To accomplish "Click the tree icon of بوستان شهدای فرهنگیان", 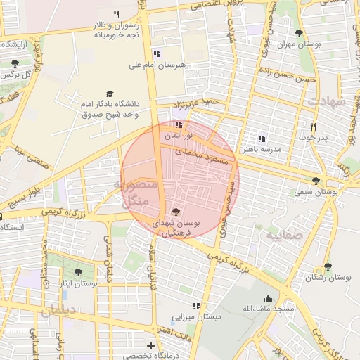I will [175, 211].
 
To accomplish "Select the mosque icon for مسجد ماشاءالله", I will [268, 298].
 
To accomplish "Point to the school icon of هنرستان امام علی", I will [157, 53].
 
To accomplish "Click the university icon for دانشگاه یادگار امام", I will [109, 94].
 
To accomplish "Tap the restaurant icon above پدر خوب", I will [314, 127].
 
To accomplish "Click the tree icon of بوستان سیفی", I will [324, 181].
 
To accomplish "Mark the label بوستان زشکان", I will [328, 277].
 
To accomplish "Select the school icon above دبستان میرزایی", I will [196, 306].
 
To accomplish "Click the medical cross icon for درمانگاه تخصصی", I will [150, 345].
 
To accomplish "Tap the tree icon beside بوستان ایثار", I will [78, 273].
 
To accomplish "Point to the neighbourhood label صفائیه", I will [283, 235].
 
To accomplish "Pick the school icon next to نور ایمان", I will [176, 124].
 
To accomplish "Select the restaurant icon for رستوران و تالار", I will [117, 14].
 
